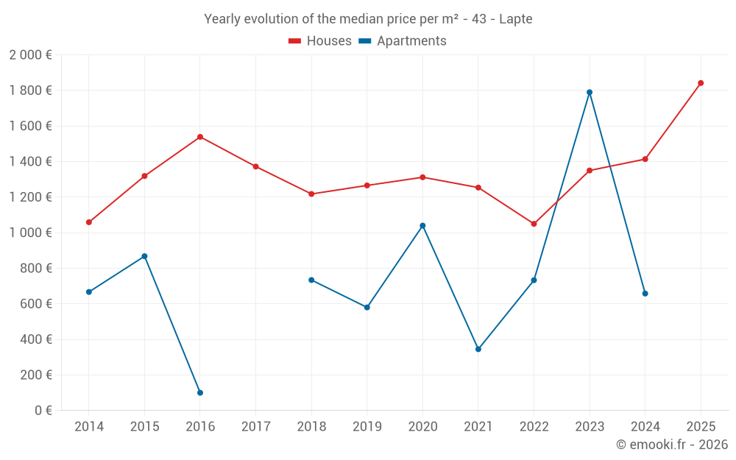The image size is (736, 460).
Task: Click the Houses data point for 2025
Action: (x=701, y=83)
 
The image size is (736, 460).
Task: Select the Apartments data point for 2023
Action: (x=590, y=92)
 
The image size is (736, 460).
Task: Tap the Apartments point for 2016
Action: (x=200, y=393)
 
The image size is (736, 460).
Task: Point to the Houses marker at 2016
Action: (x=200, y=137)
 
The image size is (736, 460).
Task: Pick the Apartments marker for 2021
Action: (x=478, y=350)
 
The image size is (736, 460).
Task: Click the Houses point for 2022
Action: (x=534, y=224)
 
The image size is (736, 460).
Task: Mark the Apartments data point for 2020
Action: (x=422, y=226)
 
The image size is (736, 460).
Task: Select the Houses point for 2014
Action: (x=89, y=222)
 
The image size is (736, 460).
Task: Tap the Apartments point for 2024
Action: (x=645, y=294)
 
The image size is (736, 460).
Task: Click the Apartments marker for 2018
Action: (x=311, y=280)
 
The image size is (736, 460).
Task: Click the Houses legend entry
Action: (x=320, y=41)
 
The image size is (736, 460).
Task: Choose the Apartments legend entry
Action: (x=403, y=41)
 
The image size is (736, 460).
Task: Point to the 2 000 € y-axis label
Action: (x=30, y=55)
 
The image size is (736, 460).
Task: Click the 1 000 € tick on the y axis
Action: (x=30, y=233)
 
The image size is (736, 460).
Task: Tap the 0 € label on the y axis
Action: (x=43, y=411)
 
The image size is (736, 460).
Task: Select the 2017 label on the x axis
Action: (x=255, y=427)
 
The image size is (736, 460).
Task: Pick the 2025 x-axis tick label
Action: (x=701, y=427)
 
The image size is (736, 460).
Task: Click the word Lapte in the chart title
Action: (x=515, y=19)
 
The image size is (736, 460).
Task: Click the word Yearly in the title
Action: (x=222, y=19)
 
